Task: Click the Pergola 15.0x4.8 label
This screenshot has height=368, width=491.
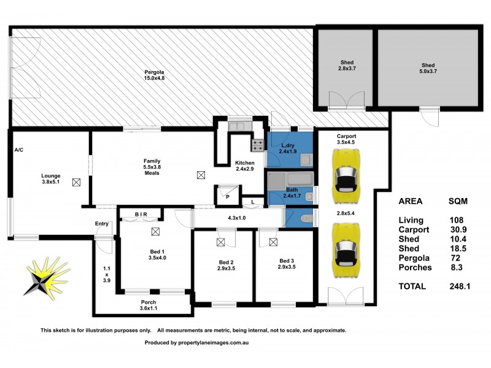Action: coord(154,75)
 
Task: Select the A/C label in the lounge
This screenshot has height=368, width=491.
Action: coord(18,150)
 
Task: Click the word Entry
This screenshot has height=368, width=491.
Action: coord(102,224)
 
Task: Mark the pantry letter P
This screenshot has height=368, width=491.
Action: coord(228,197)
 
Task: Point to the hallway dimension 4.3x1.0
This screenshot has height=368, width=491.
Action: coord(238,218)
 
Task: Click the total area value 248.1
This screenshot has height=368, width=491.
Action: coord(458,285)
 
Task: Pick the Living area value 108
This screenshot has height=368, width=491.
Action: coord(455,220)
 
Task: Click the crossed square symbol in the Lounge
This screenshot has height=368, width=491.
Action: coord(76,182)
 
